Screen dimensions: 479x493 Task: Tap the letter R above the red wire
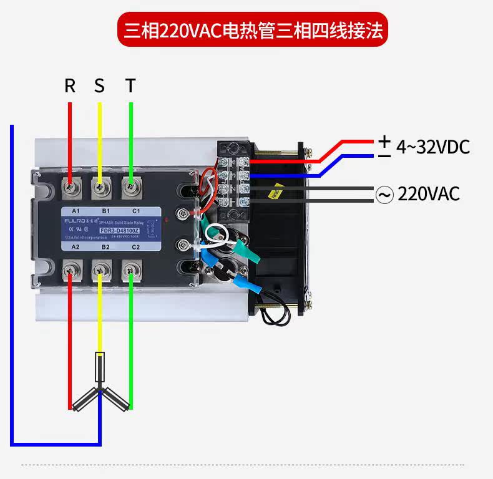(x=70, y=85)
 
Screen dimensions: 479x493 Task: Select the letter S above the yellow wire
(x=100, y=85)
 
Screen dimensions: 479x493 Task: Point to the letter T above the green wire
(x=130, y=85)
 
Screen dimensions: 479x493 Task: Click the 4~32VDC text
(x=432, y=147)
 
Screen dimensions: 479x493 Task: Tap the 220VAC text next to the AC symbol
(x=429, y=194)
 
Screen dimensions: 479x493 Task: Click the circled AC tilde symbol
(x=384, y=195)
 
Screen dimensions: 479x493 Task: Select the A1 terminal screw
(x=70, y=185)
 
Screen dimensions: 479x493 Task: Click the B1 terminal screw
(x=100, y=185)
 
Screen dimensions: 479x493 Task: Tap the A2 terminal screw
(x=70, y=269)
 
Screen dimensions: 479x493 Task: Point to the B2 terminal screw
(x=100, y=269)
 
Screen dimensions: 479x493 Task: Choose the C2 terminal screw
(x=130, y=269)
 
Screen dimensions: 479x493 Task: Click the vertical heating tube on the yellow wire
(x=99, y=367)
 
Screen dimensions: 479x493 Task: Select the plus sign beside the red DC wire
(x=385, y=140)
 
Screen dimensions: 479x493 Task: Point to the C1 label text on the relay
(x=135, y=211)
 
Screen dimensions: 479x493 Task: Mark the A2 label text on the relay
(x=75, y=247)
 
